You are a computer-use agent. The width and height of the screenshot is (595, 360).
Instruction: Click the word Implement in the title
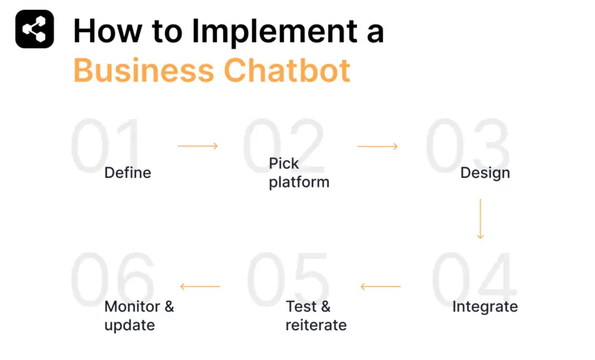point(268,31)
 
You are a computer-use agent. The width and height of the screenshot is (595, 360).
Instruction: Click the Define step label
point(127,173)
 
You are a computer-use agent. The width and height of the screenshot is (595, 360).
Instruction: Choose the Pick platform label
point(298,173)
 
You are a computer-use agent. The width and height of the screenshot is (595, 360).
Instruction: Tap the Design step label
point(485,173)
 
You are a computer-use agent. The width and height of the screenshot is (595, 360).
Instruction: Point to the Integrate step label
point(485,306)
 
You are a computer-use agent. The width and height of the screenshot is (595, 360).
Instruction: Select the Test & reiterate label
point(315,315)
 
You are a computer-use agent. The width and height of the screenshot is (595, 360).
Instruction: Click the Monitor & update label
point(139,315)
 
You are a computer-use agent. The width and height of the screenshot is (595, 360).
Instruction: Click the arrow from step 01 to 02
point(198,147)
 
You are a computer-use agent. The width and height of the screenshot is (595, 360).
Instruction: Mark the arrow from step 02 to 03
point(378,147)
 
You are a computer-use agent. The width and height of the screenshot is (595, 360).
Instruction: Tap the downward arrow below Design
point(480,218)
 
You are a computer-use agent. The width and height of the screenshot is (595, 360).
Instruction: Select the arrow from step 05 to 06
point(200,286)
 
